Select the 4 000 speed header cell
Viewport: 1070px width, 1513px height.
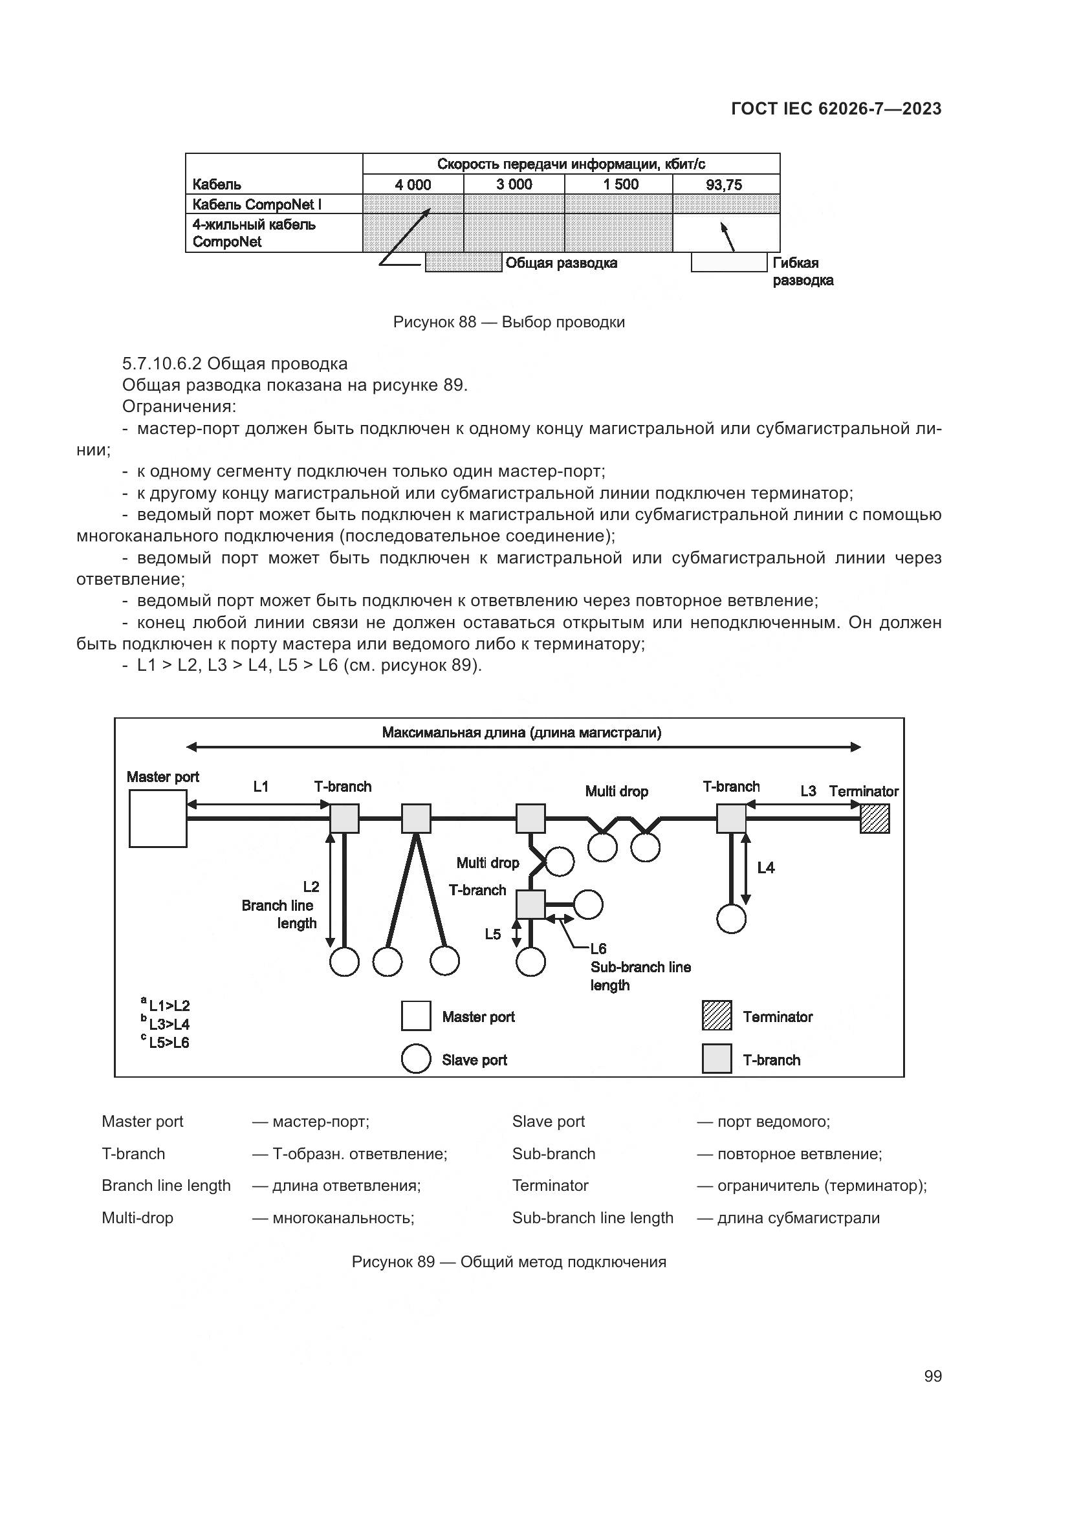(x=413, y=184)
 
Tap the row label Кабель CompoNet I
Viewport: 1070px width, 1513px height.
(x=257, y=204)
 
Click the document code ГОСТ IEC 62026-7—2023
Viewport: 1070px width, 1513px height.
(x=836, y=109)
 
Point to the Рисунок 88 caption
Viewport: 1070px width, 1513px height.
(x=508, y=322)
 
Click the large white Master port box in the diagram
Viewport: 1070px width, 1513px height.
(x=158, y=818)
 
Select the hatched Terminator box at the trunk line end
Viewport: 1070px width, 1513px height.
(x=875, y=819)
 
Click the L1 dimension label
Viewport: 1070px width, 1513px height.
(x=261, y=786)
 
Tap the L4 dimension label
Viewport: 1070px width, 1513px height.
(x=765, y=868)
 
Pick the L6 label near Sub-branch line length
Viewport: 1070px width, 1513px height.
(x=598, y=949)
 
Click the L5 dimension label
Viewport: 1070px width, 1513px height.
(x=493, y=934)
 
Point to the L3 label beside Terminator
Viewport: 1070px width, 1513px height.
(x=808, y=790)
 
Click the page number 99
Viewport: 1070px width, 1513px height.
(x=932, y=1377)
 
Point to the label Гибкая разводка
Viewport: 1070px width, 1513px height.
(x=802, y=272)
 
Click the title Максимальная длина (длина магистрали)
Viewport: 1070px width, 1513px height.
(x=522, y=733)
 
